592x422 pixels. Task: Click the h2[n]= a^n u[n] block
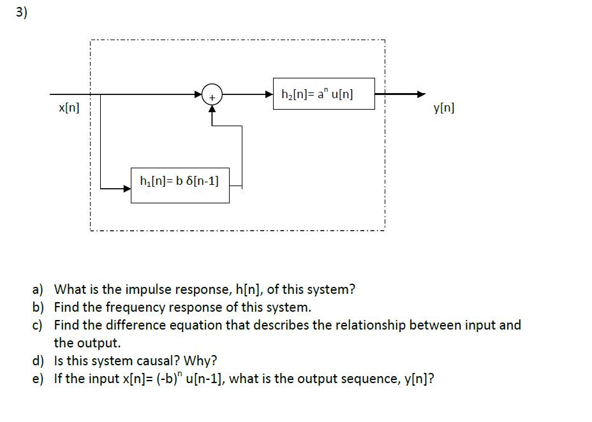[323, 94]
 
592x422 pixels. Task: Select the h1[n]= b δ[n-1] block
[180, 186]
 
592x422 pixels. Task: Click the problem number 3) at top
[22, 15]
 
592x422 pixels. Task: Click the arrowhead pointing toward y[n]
[420, 94]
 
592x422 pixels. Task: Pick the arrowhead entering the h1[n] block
[126, 187]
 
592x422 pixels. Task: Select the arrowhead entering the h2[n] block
[269, 94]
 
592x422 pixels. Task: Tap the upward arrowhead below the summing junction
[212, 108]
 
